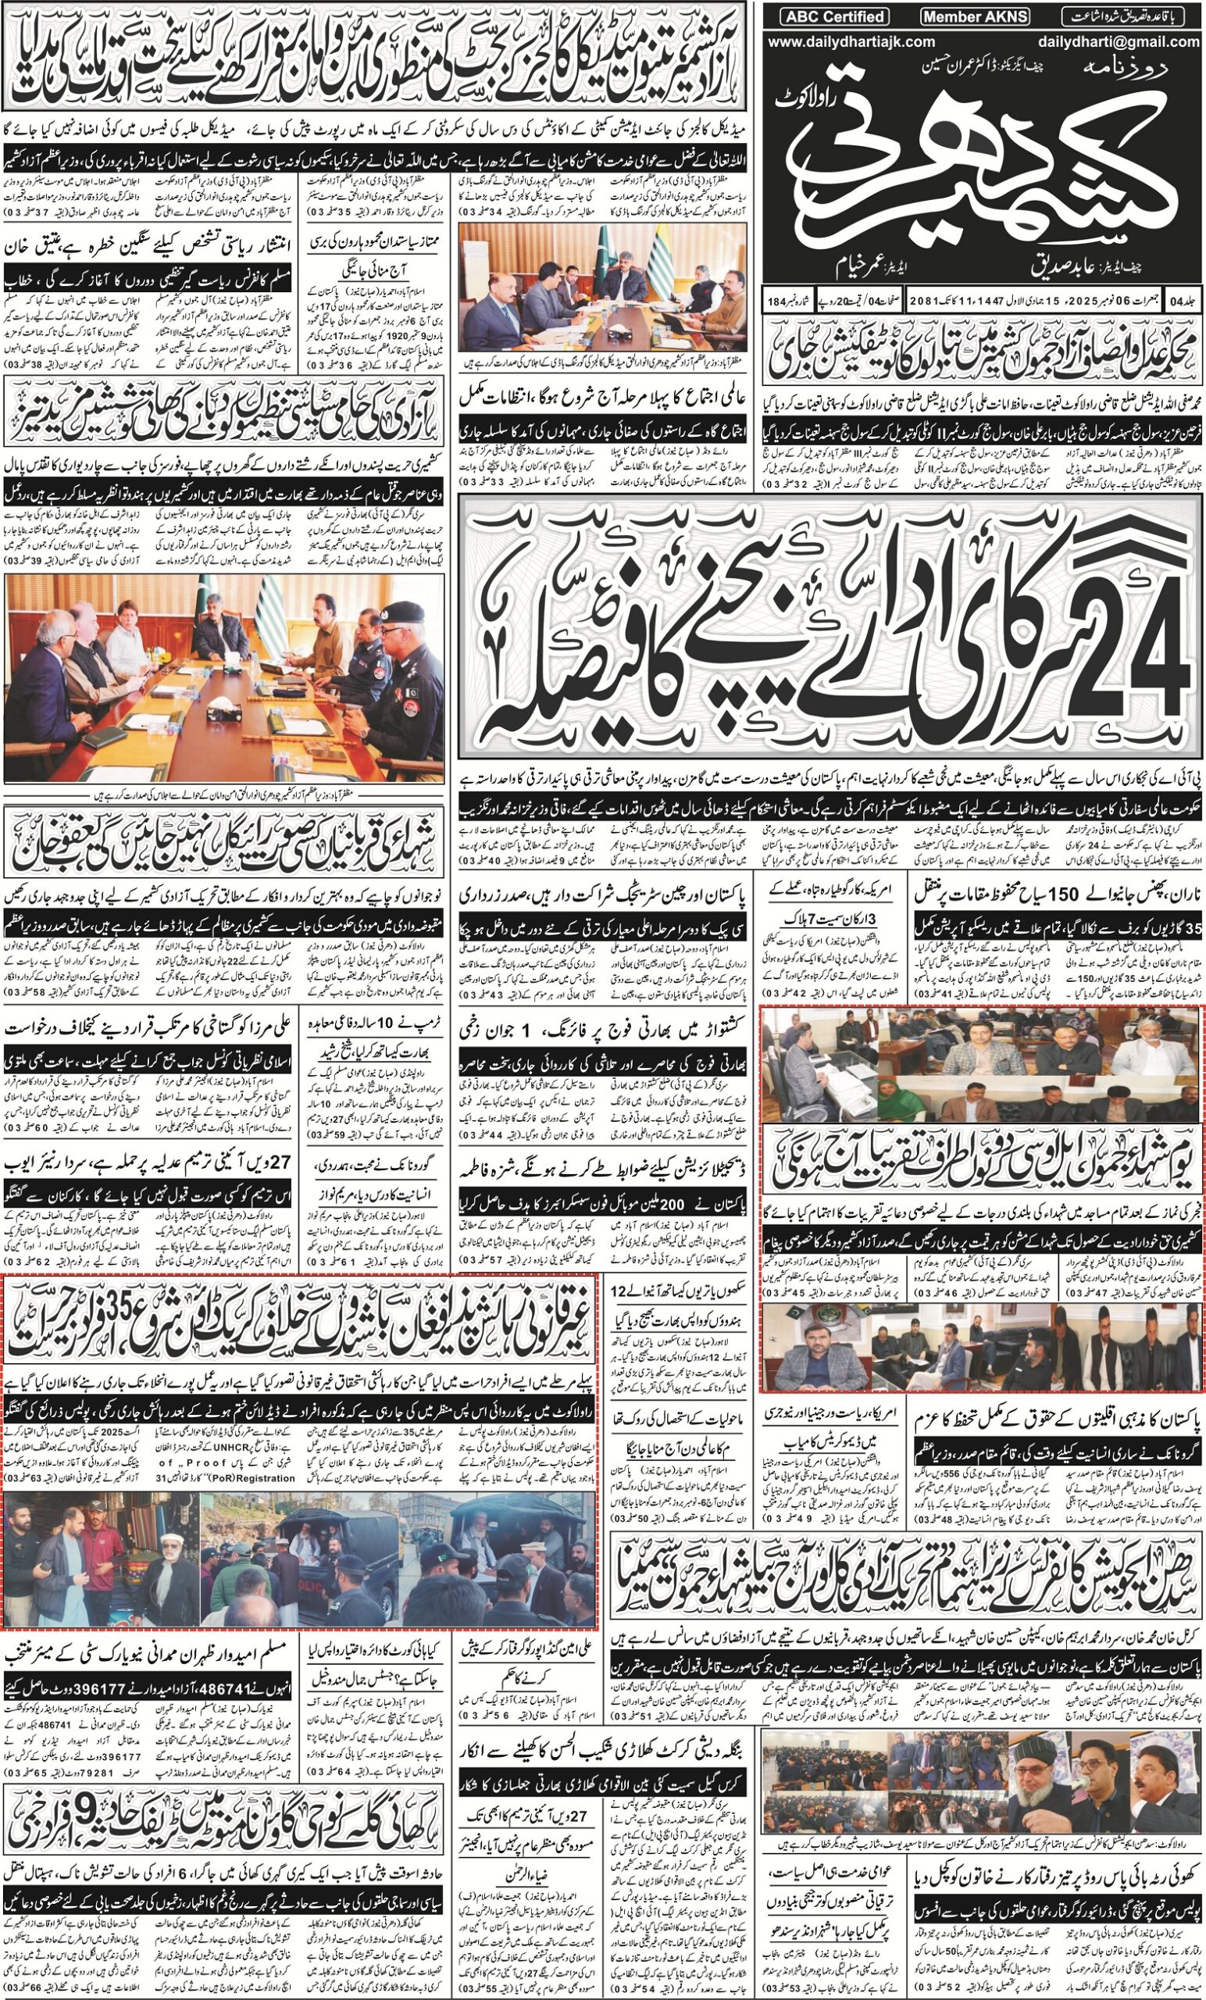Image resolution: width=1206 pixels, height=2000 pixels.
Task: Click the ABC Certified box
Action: (833, 17)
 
